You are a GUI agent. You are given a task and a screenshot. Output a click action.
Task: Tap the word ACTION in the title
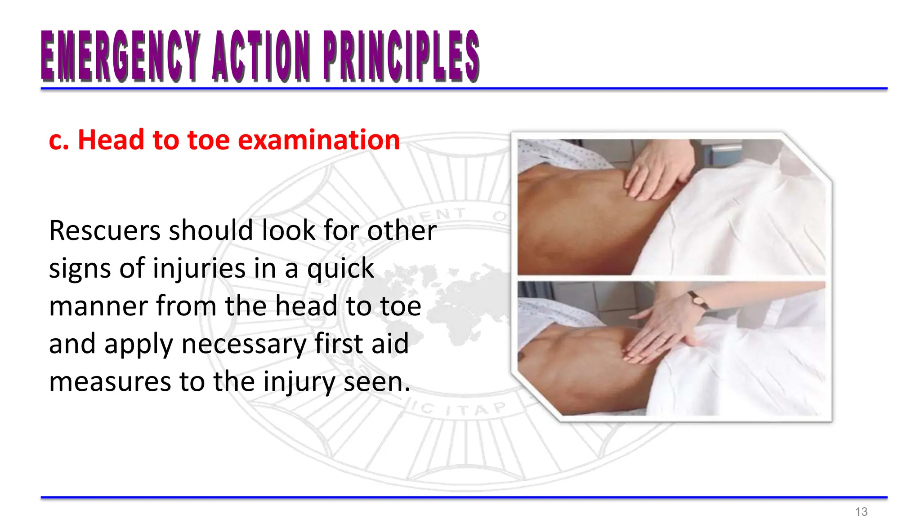[x=261, y=57]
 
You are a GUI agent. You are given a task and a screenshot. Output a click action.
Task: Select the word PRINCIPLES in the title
[x=401, y=57]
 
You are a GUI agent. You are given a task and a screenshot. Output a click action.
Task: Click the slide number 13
[x=861, y=512]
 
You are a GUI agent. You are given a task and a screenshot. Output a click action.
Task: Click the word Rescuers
[x=105, y=230]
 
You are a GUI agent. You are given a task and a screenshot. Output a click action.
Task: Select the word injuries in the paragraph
[x=199, y=268]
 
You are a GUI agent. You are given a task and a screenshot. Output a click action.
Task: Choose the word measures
[x=111, y=382]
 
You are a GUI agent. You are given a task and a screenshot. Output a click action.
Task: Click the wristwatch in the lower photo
[x=698, y=300]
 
